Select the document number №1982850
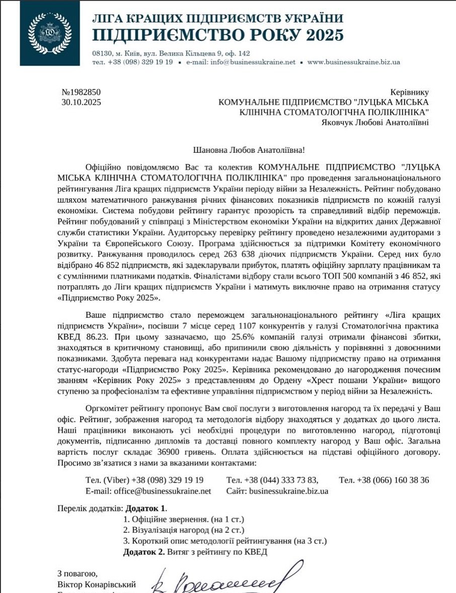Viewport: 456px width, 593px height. point(81,92)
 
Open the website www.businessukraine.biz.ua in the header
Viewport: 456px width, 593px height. point(353,62)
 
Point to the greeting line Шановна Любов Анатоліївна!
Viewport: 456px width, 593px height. point(249,150)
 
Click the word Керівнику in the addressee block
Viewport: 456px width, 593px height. point(410,92)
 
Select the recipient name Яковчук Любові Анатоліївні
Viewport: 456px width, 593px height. point(375,122)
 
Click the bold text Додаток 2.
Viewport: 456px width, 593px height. point(144,552)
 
